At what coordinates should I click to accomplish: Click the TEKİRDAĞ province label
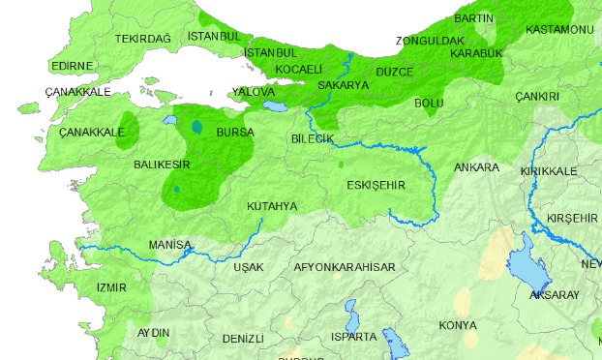pyautogui.click(x=142, y=38)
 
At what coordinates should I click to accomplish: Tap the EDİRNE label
pyautogui.click(x=72, y=66)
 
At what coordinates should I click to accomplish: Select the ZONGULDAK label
pyautogui.click(x=431, y=41)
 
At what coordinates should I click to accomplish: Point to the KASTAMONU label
pyautogui.click(x=558, y=30)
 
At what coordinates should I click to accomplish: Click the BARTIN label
pyautogui.click(x=473, y=18)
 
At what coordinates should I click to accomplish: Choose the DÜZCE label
pyautogui.click(x=394, y=73)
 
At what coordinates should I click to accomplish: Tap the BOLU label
pyautogui.click(x=428, y=102)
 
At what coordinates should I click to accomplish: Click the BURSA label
pyautogui.click(x=235, y=131)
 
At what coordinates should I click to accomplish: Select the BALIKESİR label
pyautogui.click(x=162, y=165)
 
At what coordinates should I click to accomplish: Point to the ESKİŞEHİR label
pyautogui.click(x=375, y=185)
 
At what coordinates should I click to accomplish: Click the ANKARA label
pyautogui.click(x=477, y=167)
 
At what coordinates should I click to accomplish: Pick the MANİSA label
pyautogui.click(x=170, y=245)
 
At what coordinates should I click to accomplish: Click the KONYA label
pyautogui.click(x=457, y=325)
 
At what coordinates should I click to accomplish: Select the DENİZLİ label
pyautogui.click(x=242, y=339)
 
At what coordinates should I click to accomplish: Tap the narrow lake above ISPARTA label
pyautogui.click(x=351, y=313)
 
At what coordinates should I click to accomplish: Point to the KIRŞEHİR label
pyautogui.click(x=572, y=218)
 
